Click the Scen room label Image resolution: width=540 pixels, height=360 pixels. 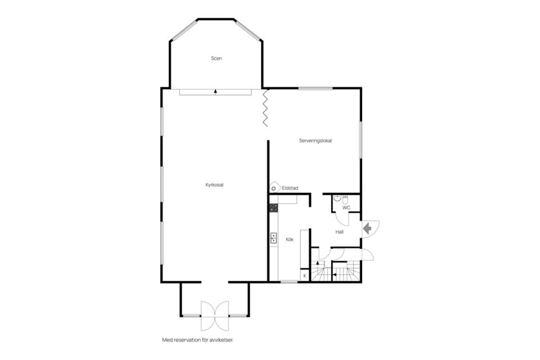[216, 58]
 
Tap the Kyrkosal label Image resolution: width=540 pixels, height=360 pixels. [214, 185]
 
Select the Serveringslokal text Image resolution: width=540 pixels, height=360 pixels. [316, 141]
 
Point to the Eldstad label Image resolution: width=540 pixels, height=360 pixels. [290, 188]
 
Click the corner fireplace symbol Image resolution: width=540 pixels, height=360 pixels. [274, 187]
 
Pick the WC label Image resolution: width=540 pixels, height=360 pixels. [346, 208]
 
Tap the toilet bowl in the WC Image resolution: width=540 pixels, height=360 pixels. [345, 200]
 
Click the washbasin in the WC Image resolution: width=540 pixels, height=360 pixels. [337, 198]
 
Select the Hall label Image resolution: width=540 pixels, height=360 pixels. [340, 232]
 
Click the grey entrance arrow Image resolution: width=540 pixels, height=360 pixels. [367, 228]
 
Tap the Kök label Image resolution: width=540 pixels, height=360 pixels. [290, 240]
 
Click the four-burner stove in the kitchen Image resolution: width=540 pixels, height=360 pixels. [273, 208]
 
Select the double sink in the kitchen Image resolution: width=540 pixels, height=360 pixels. [273, 238]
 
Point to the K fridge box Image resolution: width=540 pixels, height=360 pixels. [304, 276]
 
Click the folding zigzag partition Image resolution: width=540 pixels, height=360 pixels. [265, 108]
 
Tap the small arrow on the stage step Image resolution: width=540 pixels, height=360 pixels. [215, 91]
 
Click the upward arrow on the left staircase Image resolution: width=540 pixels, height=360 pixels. [317, 263]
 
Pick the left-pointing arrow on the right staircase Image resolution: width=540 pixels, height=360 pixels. [334, 274]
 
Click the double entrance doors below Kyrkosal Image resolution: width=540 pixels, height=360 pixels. [214, 316]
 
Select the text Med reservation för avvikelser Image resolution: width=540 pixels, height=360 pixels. [198, 340]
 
